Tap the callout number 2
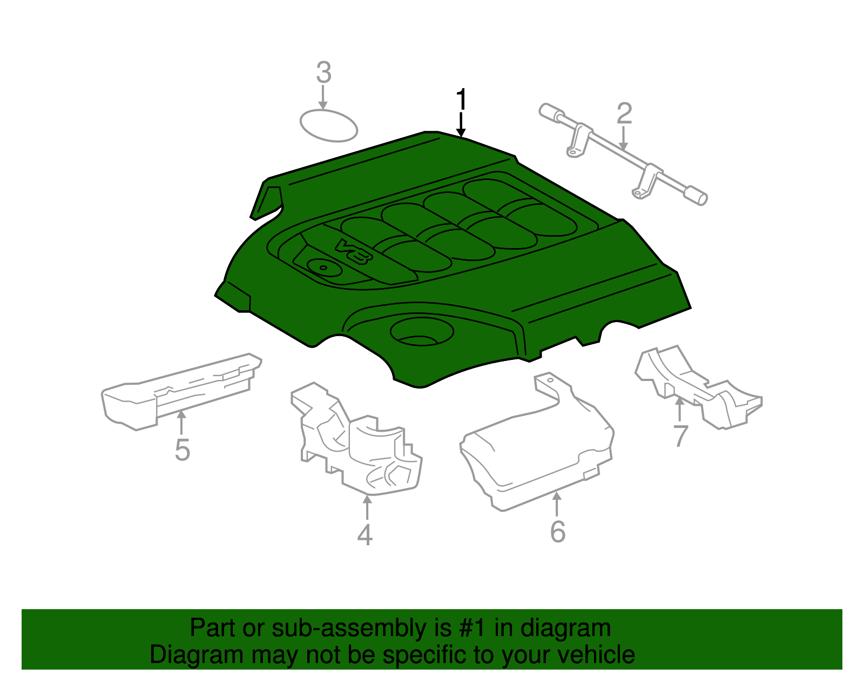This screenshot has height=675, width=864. (x=624, y=113)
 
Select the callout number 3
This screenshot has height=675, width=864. (x=323, y=73)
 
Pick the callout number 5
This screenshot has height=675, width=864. (x=182, y=450)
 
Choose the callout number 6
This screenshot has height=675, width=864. (x=557, y=531)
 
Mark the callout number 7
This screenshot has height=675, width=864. (x=680, y=435)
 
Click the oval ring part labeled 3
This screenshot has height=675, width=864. (x=329, y=125)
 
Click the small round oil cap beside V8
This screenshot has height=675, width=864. (x=323, y=268)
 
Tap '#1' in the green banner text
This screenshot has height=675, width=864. (x=473, y=629)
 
